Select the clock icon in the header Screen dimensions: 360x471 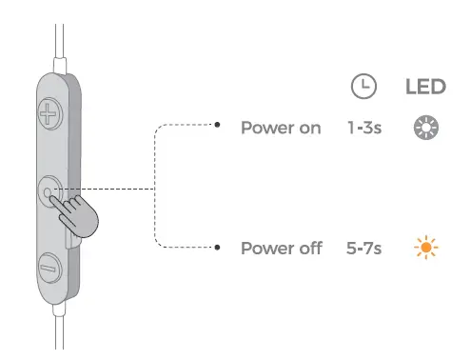tap(363, 87)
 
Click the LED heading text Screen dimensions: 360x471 tap(425, 87)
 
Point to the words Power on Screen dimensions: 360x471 tap(281, 128)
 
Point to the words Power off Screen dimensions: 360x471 tap(281, 248)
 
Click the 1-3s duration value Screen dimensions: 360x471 tap(364, 128)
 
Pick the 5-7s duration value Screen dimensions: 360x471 tap(364, 248)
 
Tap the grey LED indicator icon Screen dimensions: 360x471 tap(424, 128)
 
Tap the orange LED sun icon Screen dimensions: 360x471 tap(424, 248)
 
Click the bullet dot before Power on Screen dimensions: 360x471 tap(218, 124)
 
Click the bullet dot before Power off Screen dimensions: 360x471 tap(218, 247)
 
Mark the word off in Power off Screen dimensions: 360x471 tap(308, 248)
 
